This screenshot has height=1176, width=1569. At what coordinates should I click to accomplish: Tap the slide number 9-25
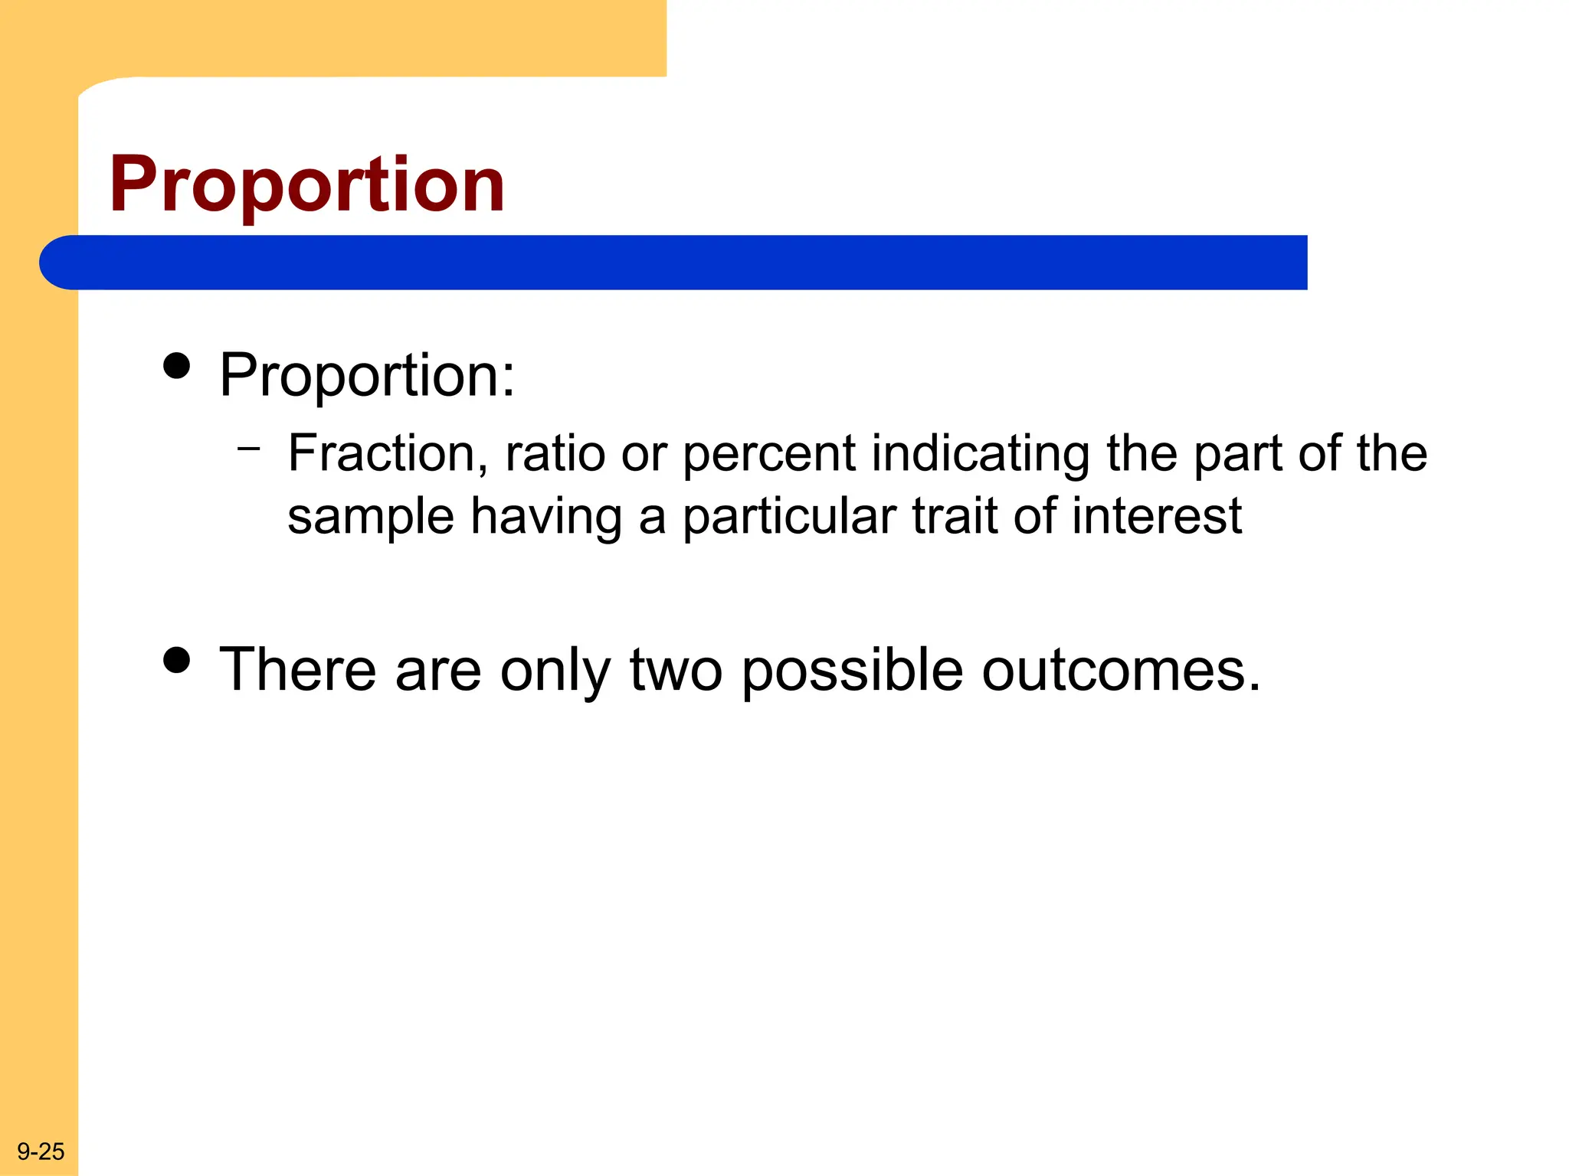click(41, 1151)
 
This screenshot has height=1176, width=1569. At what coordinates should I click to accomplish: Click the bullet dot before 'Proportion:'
click(177, 366)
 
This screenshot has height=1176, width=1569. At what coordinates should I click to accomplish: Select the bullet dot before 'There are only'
click(177, 659)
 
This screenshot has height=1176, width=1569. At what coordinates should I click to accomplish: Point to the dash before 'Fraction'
click(249, 447)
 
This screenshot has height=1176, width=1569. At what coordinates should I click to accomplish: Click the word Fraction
click(388, 453)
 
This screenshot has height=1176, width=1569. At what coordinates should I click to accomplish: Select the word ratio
click(555, 453)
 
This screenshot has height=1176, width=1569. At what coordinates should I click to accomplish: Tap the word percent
click(768, 455)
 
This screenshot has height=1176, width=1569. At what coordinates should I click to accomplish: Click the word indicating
click(981, 455)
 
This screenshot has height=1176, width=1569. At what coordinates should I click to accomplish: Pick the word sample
click(370, 518)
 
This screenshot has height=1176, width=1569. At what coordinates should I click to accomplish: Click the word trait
click(955, 516)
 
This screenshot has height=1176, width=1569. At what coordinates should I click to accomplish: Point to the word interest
click(1157, 516)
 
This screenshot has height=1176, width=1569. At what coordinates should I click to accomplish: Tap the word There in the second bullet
click(297, 669)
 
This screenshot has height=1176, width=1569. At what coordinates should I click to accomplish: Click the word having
click(545, 518)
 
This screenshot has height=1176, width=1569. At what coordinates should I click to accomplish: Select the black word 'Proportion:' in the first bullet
click(367, 376)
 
